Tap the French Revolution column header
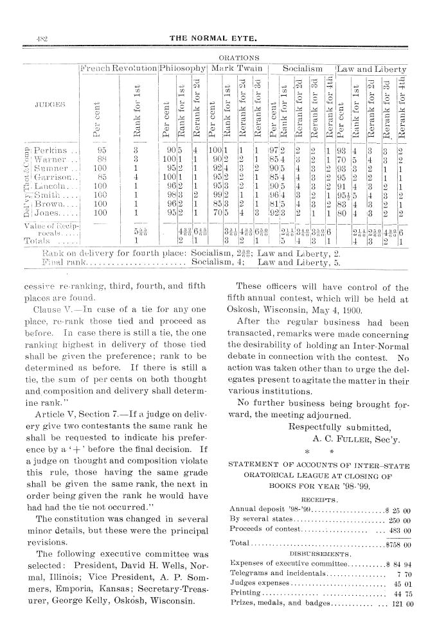117,69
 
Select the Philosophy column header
182,69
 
